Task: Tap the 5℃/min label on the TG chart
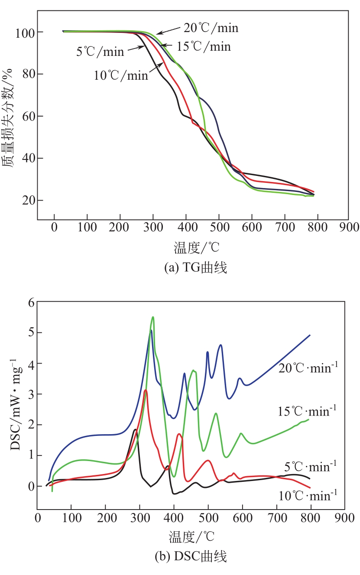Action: click(100, 52)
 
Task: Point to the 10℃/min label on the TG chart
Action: click(121, 75)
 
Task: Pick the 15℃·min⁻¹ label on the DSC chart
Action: click(307, 411)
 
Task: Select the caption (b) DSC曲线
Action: click(191, 556)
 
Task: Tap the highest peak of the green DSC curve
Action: click(152, 317)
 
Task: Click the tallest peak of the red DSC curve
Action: click(146, 390)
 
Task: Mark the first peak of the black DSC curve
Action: click(135, 429)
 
